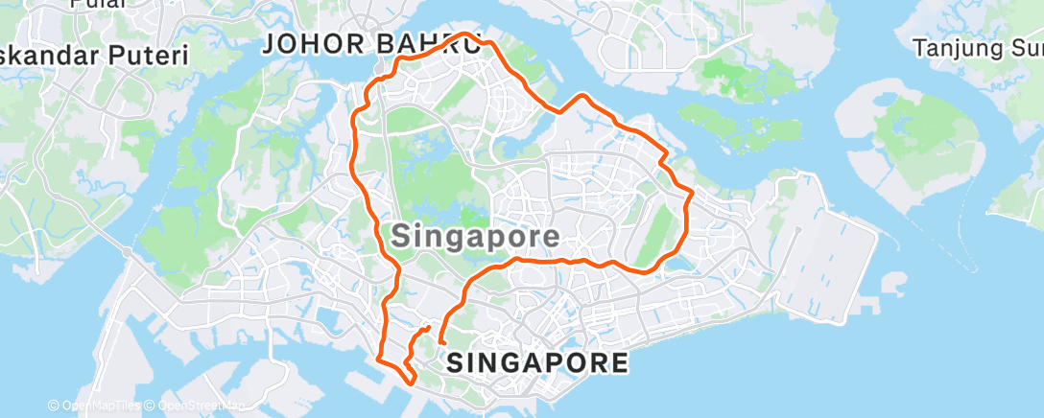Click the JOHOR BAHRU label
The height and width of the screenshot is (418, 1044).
pos(371,43)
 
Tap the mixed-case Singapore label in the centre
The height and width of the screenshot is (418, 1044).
pos(475,234)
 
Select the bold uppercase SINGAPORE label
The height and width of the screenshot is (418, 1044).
pos(537,362)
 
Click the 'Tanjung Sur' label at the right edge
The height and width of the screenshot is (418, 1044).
pos(977,47)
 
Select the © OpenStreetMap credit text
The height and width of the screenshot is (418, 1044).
pos(192,406)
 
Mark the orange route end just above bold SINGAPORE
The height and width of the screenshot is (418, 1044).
pos(441,342)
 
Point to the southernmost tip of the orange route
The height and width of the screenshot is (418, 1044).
pos(413,382)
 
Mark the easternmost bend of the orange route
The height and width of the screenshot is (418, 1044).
pos(690,196)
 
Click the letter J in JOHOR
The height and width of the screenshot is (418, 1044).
pos(271,43)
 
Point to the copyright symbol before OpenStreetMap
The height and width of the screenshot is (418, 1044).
pos(152,406)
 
